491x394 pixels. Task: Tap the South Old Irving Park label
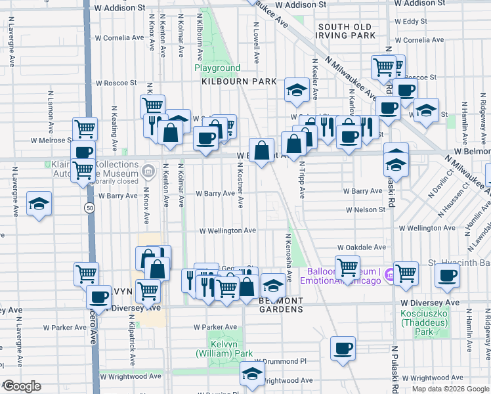tap(346, 31)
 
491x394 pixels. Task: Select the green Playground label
tap(217, 68)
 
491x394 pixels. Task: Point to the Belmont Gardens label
tap(281, 305)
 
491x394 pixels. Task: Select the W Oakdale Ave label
tap(361, 248)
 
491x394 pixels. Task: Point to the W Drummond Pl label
tap(280, 361)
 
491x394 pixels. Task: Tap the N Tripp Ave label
tap(303, 181)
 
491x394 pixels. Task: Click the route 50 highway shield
tap(87, 208)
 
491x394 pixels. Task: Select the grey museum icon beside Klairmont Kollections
tap(148, 173)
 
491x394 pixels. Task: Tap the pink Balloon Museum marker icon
tap(389, 274)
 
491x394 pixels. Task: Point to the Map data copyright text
tap(450, 389)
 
